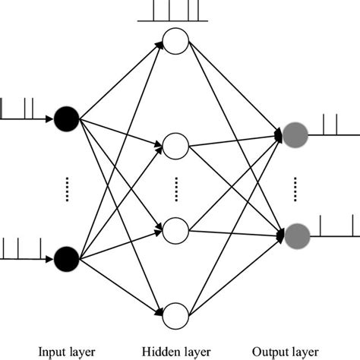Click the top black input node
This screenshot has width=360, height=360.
tap(67, 118)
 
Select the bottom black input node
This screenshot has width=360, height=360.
tap(67, 257)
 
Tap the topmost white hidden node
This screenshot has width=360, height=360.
tap(175, 43)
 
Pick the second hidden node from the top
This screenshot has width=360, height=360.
tap(175, 143)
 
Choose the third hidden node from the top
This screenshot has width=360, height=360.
tap(175, 227)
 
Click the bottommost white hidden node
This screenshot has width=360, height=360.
tap(175, 313)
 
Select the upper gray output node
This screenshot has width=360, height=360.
tap(295, 135)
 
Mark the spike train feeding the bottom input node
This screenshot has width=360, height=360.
tap(23, 249)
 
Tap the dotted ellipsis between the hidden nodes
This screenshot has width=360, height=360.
tap(176, 187)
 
